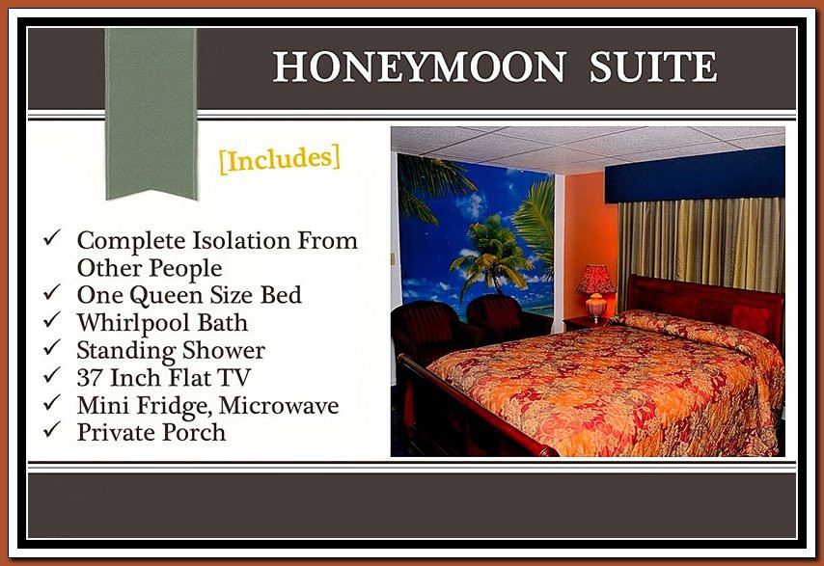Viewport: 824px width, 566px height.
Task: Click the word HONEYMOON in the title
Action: click(419, 67)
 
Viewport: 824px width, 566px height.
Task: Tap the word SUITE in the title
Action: click(652, 67)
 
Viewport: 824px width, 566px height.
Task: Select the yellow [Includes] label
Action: click(280, 159)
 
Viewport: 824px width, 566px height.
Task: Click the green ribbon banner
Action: click(151, 113)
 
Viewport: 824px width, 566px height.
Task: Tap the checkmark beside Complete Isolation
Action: click(52, 237)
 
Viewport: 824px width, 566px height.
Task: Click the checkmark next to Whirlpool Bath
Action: click(52, 319)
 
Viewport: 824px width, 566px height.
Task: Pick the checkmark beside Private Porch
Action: click(52, 429)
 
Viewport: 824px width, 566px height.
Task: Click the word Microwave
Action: click(279, 405)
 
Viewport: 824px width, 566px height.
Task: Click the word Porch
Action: click(194, 432)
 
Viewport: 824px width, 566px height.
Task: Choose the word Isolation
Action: click(241, 241)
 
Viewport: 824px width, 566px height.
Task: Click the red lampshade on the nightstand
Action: click(595, 279)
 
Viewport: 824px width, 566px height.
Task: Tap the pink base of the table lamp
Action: click(596, 307)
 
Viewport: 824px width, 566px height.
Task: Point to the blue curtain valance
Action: click(695, 175)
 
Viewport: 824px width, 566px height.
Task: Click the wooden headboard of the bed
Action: click(704, 305)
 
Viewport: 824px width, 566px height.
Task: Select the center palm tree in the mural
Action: click(492, 255)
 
